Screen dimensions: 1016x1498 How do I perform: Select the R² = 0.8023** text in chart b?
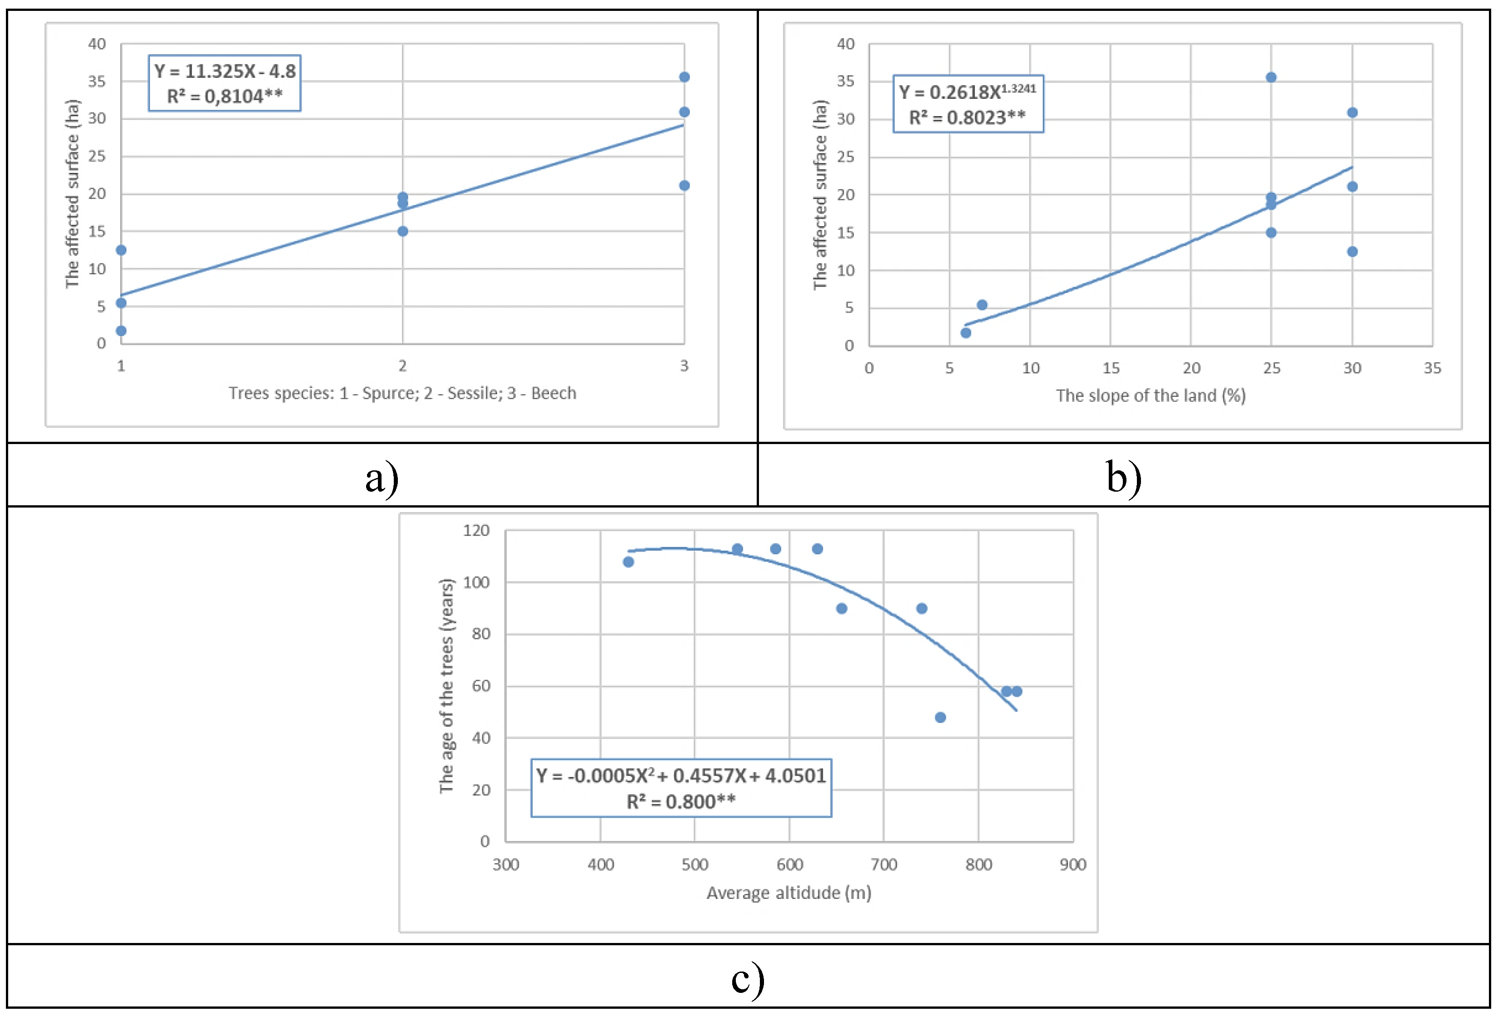coord(967,118)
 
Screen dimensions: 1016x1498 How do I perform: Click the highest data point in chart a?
coord(685,77)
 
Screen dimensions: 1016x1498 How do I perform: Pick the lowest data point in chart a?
coord(121,331)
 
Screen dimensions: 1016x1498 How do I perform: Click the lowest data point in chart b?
coord(965,333)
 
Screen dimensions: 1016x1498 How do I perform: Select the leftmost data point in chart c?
coord(628,562)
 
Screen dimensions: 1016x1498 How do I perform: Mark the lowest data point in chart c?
coord(940,718)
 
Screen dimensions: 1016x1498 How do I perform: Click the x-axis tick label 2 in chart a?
coord(402,366)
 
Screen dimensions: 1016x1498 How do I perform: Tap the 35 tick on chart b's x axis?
coord(1432,368)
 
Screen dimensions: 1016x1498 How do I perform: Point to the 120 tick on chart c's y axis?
coord(476,530)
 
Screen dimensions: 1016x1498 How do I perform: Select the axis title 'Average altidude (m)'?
coord(789,893)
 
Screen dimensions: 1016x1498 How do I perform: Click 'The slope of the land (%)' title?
coord(1150,396)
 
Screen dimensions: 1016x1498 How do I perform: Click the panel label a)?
coord(382,479)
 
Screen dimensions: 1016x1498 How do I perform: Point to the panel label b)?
coord(1123,479)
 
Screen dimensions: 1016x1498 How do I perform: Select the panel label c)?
coord(748,979)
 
